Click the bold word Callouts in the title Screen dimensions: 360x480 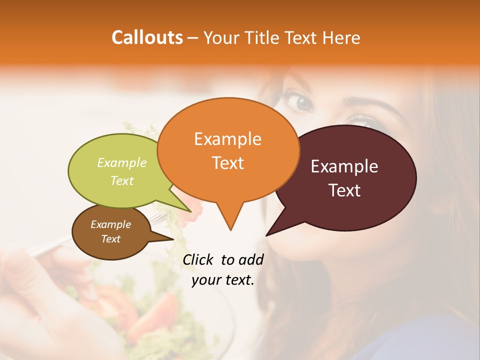coord(147,37)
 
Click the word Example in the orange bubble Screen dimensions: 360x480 coord(227,139)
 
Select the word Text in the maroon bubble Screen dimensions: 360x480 coord(345,190)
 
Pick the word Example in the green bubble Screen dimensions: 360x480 coord(121,163)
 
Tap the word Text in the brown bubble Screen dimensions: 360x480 coord(110,239)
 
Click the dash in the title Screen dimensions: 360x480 coord(193,38)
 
